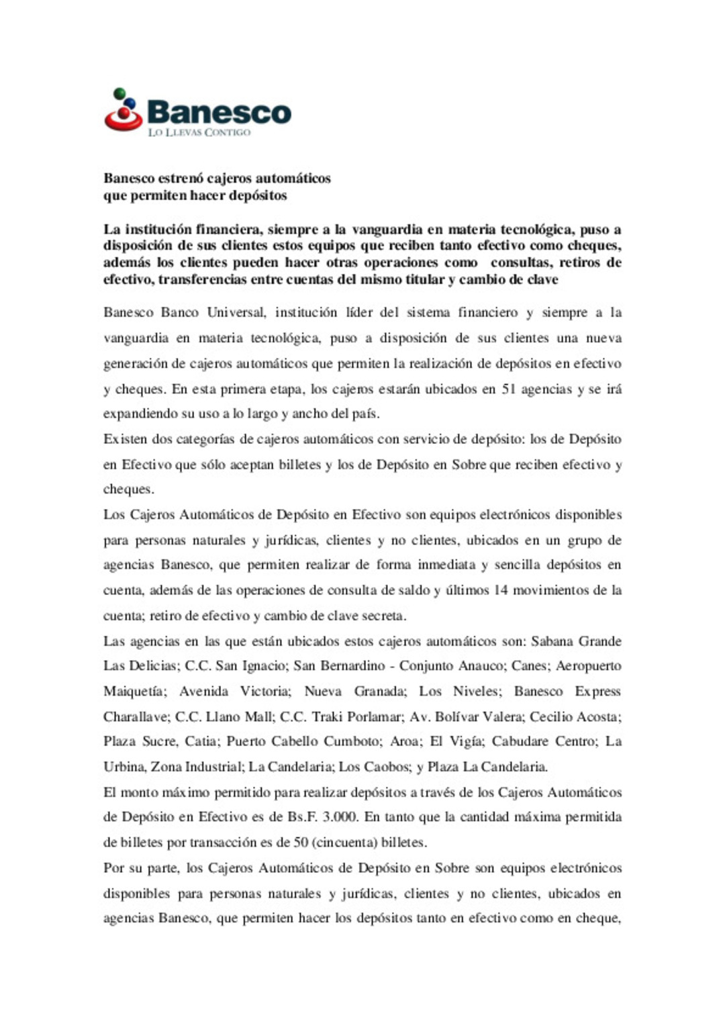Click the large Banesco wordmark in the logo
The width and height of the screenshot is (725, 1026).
click(x=219, y=112)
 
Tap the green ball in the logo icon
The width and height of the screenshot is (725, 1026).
click(x=119, y=93)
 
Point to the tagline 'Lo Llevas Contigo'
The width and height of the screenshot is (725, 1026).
click(x=199, y=132)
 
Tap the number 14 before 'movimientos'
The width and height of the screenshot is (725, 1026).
click(x=501, y=590)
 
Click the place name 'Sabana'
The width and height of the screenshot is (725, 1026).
click(x=551, y=641)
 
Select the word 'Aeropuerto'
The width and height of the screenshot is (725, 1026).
click(x=588, y=666)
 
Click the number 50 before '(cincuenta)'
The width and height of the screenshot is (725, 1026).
click(x=300, y=843)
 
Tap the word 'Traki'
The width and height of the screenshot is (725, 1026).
click(x=327, y=717)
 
